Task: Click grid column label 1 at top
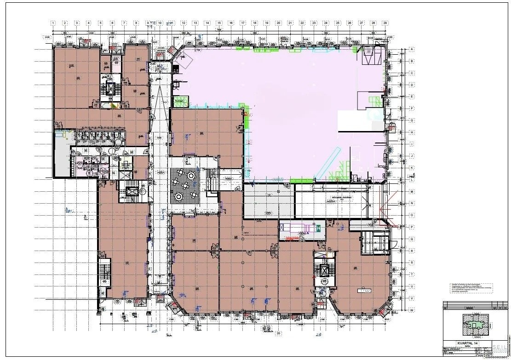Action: coord(53,23)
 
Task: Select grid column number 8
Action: coord(136,23)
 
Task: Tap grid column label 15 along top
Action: coord(219,23)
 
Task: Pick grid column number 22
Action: coord(302,23)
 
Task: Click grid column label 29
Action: coord(385,23)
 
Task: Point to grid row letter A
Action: coord(412,50)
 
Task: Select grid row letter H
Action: coord(412,132)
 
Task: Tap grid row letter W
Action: coord(412,310)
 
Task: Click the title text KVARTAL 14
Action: coord(465,343)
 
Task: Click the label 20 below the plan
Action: coord(278,333)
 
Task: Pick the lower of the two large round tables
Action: coord(178,196)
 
